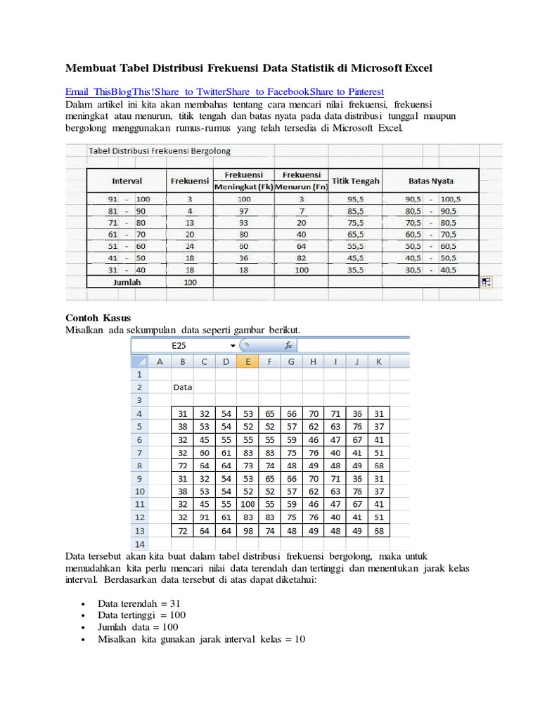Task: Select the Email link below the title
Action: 78,92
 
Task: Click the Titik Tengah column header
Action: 356,181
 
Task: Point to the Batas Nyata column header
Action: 431,181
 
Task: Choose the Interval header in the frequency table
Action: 127,181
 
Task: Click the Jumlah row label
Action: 127,282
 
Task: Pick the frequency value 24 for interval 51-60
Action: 189,246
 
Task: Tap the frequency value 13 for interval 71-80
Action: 189,222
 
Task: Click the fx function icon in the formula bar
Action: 288,345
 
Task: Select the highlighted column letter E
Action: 247,361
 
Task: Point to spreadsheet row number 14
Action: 139,544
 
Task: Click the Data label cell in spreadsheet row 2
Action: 183,387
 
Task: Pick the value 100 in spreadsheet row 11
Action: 247,504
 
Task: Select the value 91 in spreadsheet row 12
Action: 204,517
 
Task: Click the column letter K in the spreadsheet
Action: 378,361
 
